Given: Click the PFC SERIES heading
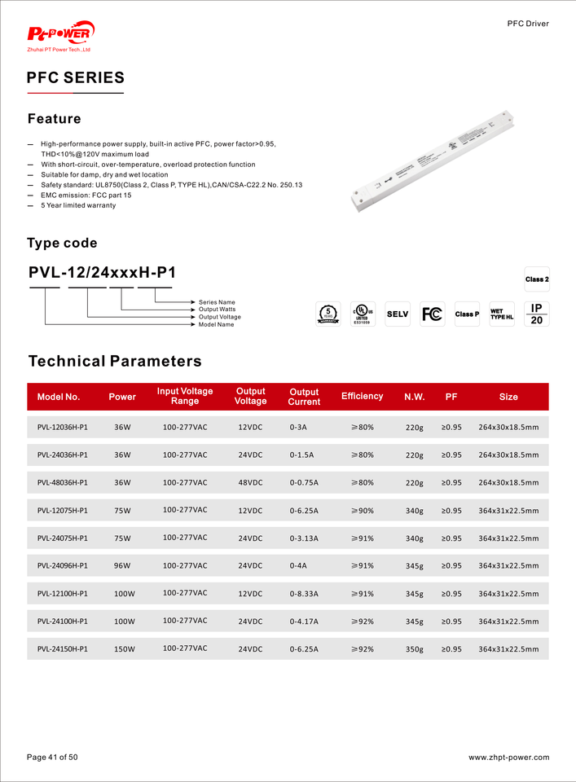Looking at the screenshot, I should tap(76, 78).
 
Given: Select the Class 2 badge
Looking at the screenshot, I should tap(537, 279).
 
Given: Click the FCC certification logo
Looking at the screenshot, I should tap(432, 314).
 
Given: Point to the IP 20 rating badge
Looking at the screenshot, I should tap(537, 314).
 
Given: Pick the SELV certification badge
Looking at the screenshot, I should tap(398, 314).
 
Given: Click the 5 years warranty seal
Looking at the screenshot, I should tap(328, 314).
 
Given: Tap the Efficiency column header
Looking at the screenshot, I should tap(362, 397).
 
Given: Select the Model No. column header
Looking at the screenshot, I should tap(59, 397).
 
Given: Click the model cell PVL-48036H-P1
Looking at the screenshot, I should tap(63, 482).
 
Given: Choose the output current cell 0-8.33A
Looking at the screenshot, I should tap(304, 594).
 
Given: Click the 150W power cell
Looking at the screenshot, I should tap(125, 649).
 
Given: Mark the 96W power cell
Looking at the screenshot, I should tap(122, 565).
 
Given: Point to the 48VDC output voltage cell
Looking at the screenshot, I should tap(250, 482).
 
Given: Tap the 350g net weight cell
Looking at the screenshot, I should tap(415, 650).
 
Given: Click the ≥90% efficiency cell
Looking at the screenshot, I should tap(362, 511).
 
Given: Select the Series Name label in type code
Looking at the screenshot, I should tap(217, 302).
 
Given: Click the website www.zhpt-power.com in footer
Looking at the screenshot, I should tap(508, 758).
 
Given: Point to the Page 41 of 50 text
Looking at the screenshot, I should tap(53, 758).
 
